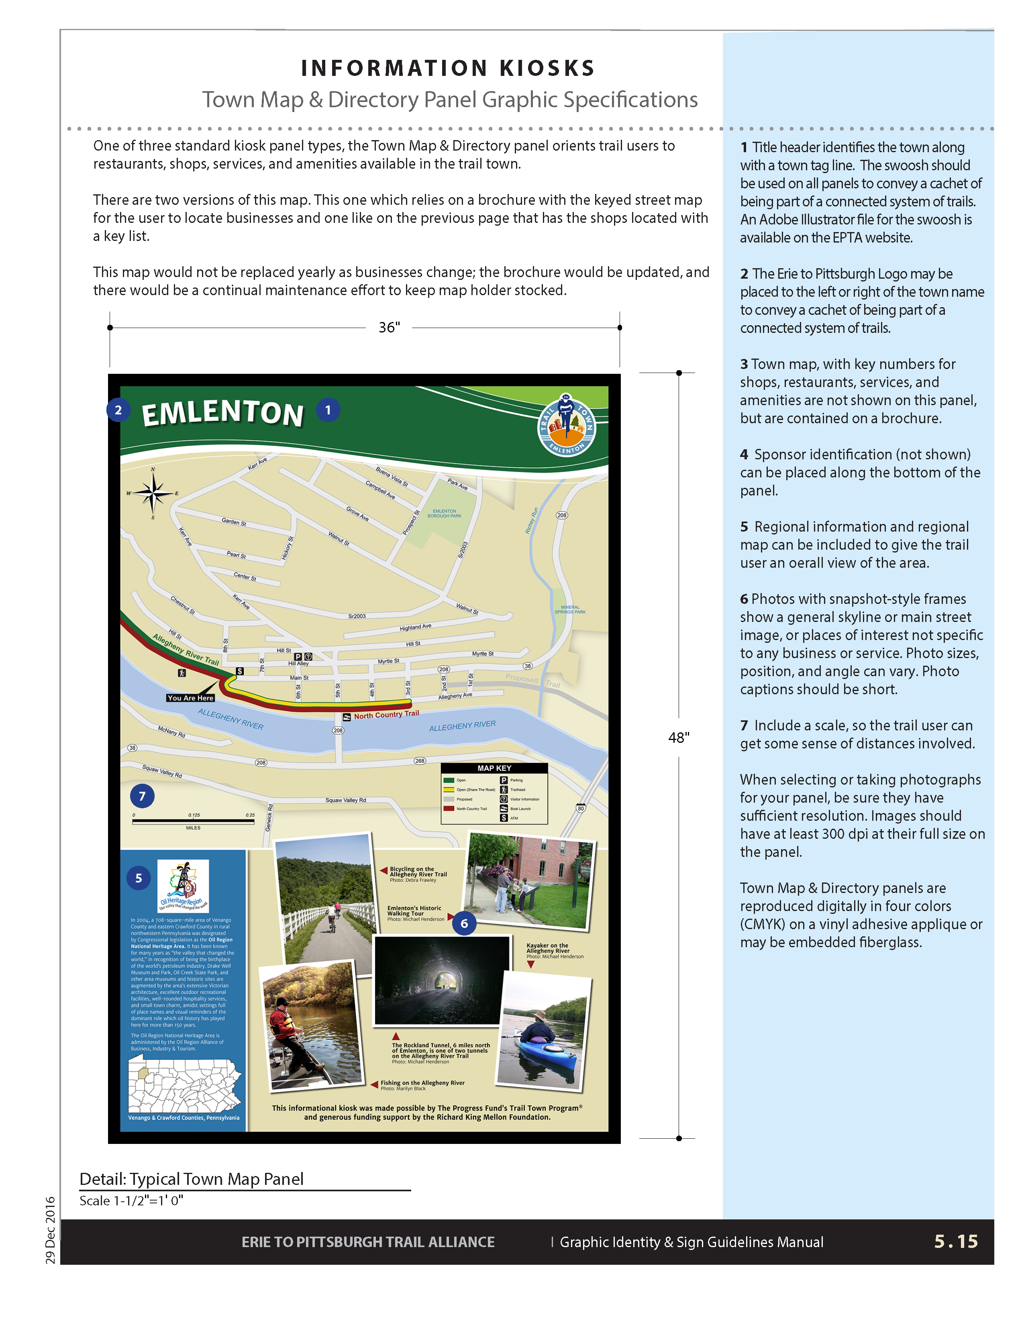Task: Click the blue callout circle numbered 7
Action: pos(142,796)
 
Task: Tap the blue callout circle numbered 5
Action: pos(138,878)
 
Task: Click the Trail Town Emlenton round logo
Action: pos(567,426)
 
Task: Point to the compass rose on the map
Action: pos(153,493)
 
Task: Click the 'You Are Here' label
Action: pos(190,698)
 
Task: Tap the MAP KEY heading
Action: pos(494,768)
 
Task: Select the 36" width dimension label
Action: pos(389,328)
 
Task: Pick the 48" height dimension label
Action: pos(678,737)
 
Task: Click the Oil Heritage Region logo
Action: pos(183,885)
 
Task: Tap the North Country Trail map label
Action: pos(386,715)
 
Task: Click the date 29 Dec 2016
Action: pos(50,1230)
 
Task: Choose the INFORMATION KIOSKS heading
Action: pos(448,68)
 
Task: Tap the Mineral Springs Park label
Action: pos(570,609)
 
